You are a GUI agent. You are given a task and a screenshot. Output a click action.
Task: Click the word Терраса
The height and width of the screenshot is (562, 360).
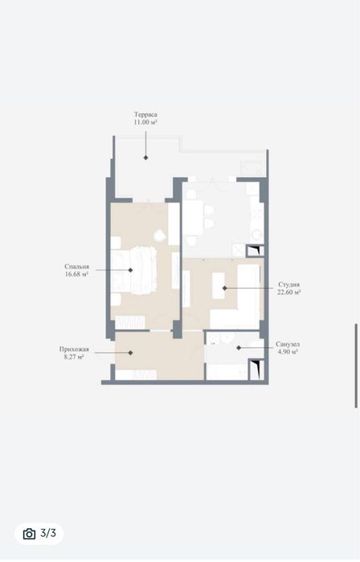point(145,115)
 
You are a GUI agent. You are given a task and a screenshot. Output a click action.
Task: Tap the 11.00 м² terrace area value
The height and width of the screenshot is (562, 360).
point(145,122)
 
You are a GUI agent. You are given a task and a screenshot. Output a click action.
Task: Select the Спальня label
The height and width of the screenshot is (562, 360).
point(76,267)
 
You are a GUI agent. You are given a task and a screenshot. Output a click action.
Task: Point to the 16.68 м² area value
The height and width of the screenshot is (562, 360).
point(76,274)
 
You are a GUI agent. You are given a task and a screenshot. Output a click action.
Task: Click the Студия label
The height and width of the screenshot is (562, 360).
point(288,285)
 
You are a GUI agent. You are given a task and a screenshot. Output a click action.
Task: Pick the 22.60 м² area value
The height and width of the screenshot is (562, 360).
point(288,292)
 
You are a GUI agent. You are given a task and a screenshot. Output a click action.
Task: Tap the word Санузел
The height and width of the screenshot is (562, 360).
point(288,344)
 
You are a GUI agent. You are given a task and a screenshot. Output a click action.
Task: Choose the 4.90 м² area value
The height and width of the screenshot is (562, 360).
point(288,351)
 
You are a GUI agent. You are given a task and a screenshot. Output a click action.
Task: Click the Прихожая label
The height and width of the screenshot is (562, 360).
point(74,350)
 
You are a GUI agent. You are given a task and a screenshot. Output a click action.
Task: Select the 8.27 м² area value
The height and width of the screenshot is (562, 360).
point(74,357)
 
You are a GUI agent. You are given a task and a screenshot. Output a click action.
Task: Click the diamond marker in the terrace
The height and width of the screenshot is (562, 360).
point(145,158)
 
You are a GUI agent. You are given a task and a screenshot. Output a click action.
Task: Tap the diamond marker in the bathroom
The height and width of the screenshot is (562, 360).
point(239,347)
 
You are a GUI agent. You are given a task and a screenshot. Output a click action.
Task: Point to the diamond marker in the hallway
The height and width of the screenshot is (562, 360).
point(130,353)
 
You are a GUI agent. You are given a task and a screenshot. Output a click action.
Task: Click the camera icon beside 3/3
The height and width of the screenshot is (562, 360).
point(30,534)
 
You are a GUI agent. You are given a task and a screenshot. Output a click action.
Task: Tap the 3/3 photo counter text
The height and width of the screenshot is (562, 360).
point(48,533)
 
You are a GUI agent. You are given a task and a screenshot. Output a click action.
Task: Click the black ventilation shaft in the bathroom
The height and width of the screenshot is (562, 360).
point(256,369)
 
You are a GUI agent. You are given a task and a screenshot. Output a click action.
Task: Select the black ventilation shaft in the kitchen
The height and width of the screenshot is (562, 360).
point(255,251)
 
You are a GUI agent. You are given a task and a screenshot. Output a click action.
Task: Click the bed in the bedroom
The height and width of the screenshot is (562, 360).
point(134,270)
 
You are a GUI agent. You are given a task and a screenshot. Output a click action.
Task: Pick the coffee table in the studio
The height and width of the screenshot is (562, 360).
point(218,285)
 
